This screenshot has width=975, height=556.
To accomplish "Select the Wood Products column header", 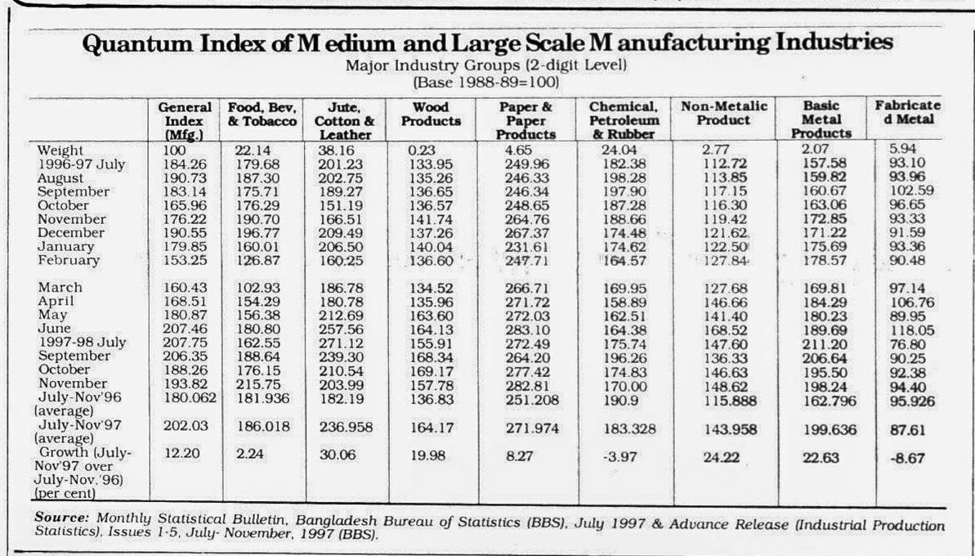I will click(431, 114).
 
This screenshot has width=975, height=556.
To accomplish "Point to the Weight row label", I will click(59, 150).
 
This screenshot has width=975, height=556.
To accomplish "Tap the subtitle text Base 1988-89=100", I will click(487, 82).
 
